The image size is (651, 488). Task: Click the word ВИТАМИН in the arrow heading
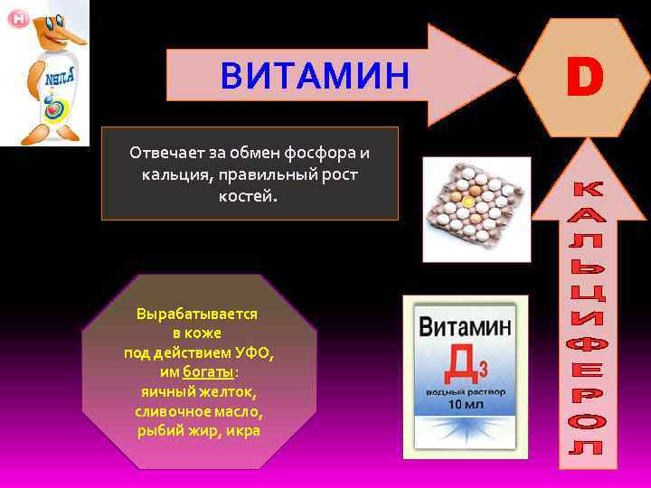pyautogui.click(x=315, y=76)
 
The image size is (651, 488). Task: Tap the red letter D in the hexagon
pyautogui.click(x=584, y=77)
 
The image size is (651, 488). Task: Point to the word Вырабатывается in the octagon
pyautogui.click(x=196, y=314)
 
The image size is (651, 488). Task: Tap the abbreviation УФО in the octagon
pyautogui.click(x=253, y=352)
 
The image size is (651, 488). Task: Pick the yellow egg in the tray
pyautogui.click(x=467, y=204)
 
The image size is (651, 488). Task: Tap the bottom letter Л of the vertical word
pyautogui.click(x=589, y=447)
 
